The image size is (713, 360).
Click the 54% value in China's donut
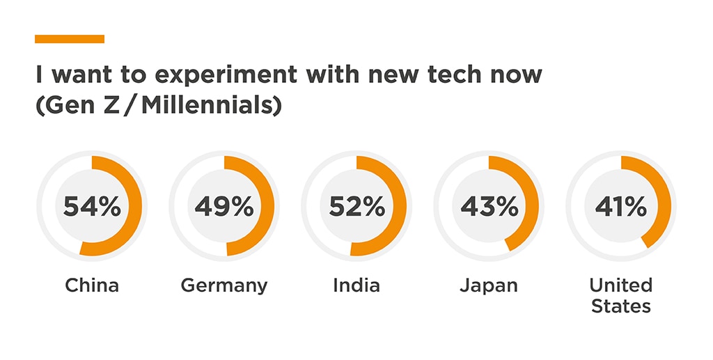pyautogui.click(x=92, y=207)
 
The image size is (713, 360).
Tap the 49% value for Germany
pyautogui.click(x=224, y=207)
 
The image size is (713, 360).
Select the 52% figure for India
pyautogui.click(x=356, y=207)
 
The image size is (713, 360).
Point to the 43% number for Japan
pyautogui.click(x=489, y=207)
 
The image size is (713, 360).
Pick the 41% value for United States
pyautogui.click(x=620, y=207)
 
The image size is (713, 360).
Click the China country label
pyautogui.click(x=92, y=285)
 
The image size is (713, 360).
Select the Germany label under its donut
pyautogui.click(x=224, y=285)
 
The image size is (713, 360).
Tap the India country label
pyautogui.click(x=356, y=285)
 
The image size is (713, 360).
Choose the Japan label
pyautogui.click(x=489, y=285)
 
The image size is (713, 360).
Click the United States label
pyautogui.click(x=620, y=295)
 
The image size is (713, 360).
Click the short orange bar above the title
pyautogui.click(x=70, y=39)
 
